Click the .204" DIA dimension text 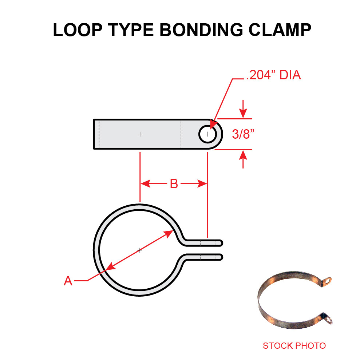[273, 76]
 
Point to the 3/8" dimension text [243, 134]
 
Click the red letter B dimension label [174, 184]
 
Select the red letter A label [68, 281]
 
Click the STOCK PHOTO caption [294, 345]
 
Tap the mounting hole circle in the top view [207, 134]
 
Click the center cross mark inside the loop [139, 250]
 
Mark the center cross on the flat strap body [140, 134]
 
